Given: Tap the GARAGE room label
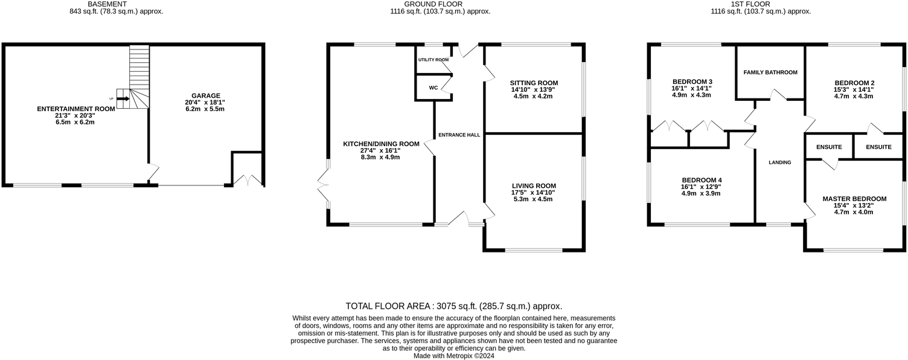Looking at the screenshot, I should point(206,95).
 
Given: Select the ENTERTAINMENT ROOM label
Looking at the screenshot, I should point(75,109).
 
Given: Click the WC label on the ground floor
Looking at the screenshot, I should point(433,88).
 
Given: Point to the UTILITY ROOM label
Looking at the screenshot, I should point(433,60).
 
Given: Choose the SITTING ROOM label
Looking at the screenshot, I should point(534,83).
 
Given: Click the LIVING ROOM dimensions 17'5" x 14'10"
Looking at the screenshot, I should point(534,193).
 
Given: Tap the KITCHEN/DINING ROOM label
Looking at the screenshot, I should point(381,144).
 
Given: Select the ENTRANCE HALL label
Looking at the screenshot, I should point(459,135).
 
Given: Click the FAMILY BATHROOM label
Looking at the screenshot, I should point(770,72).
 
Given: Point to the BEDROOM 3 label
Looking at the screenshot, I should point(692,82).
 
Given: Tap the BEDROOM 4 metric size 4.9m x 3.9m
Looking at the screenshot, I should point(702,194).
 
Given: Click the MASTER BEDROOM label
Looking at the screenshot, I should point(854,199).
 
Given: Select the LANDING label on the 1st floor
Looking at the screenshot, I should point(779,162).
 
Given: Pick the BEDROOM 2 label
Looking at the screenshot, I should point(854,83).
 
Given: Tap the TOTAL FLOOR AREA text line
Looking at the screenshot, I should point(453,306).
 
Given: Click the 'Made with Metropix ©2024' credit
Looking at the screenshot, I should point(453,356).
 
